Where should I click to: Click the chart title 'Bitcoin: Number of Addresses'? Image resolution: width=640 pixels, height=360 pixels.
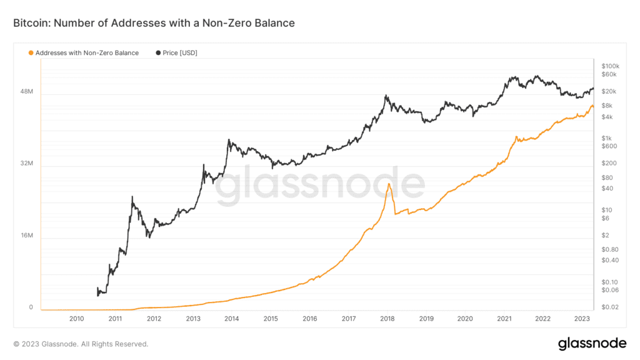tap(154, 23)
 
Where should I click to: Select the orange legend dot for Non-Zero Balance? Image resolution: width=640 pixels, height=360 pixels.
tap(31, 53)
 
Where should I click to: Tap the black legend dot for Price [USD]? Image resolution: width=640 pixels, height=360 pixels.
tap(157, 53)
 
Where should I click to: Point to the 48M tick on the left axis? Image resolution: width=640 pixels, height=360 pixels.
tap(26, 92)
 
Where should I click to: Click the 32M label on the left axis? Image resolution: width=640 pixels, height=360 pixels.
tap(26, 164)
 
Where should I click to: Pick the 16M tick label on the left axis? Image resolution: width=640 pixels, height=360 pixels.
tap(26, 236)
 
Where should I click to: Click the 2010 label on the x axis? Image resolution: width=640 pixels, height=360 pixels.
tap(76, 319)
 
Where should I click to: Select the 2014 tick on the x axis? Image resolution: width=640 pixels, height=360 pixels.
tap(231, 319)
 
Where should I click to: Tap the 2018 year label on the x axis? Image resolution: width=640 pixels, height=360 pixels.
tap(387, 319)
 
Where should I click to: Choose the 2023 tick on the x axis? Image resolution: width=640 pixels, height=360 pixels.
tap(581, 319)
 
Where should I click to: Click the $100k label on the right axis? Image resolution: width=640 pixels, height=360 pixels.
tap(609, 66)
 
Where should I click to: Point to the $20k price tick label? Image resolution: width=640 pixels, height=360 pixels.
tap(608, 92)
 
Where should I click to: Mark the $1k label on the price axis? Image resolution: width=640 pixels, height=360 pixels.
tap(606, 138)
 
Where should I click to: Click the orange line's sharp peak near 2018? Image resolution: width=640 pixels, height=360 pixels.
tap(389, 184)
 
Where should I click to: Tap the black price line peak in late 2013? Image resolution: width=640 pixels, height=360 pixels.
tap(229, 140)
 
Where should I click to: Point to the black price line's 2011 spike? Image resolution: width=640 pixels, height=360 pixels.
tap(132, 197)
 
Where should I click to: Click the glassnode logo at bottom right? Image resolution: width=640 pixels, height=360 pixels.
tap(591, 343)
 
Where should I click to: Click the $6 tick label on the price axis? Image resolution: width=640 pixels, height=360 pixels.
tap(605, 218)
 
